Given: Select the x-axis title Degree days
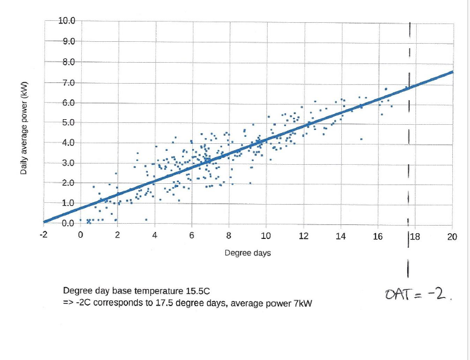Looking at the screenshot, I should coord(248,253).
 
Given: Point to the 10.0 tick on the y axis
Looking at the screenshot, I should coord(67,21).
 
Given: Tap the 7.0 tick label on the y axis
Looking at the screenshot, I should coord(67,82).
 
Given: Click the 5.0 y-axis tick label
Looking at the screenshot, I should coord(67,123).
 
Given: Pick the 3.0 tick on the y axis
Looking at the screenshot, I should coord(67,164).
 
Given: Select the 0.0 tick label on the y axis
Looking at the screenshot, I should coord(67,223).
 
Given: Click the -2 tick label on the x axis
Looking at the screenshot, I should coord(42,235).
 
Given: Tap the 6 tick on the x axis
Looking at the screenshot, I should coord(192,236).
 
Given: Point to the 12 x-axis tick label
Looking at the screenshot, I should coord(304,236).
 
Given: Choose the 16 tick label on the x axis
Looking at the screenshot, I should coord(378,236).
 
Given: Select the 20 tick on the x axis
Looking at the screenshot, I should coord(452,236).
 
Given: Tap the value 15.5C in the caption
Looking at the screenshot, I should coord(194,291).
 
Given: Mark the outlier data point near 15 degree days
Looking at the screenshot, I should coord(361,139).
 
